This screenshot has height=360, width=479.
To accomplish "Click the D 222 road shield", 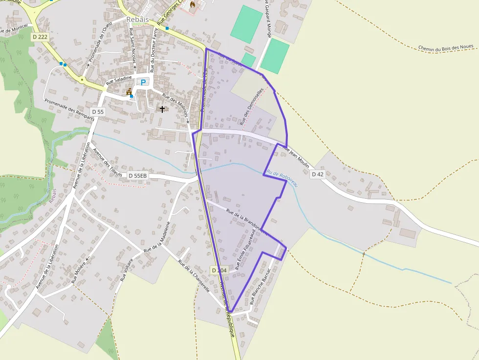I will pyautogui.click(x=40, y=37).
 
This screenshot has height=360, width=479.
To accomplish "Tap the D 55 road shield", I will pyautogui.click(x=98, y=112).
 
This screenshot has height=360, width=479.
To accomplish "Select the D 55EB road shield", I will pyautogui.click(x=138, y=175).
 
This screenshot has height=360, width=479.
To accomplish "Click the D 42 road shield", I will pyautogui.click(x=317, y=174).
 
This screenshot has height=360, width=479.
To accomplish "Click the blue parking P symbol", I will pyautogui.click(x=143, y=82).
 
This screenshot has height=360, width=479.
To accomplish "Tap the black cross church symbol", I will pyautogui.click(x=162, y=109).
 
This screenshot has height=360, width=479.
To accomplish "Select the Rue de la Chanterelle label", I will pyautogui.click(x=194, y=276).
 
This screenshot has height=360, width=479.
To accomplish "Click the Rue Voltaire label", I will pyautogui.click(x=127, y=270).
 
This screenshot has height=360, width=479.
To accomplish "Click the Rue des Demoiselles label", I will pyautogui.click(x=252, y=106).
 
